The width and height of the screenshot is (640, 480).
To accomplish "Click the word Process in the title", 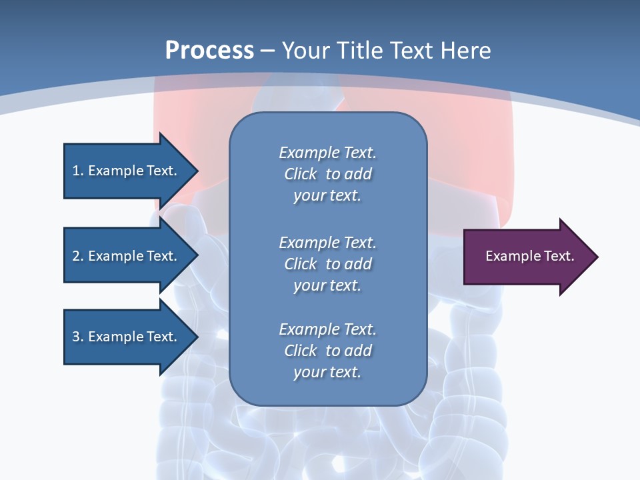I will (209, 51).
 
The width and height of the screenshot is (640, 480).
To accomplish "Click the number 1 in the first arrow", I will (76, 171).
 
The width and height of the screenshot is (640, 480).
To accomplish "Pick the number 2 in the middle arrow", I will (76, 256).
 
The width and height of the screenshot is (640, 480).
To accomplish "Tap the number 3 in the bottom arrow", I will (76, 337).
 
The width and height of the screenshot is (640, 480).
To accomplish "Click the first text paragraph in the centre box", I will (327, 174).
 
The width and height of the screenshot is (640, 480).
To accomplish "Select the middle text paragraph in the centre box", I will (327, 264).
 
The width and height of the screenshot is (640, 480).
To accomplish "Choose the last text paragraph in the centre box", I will (327, 351).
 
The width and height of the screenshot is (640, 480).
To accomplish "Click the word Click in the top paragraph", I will (301, 174).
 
